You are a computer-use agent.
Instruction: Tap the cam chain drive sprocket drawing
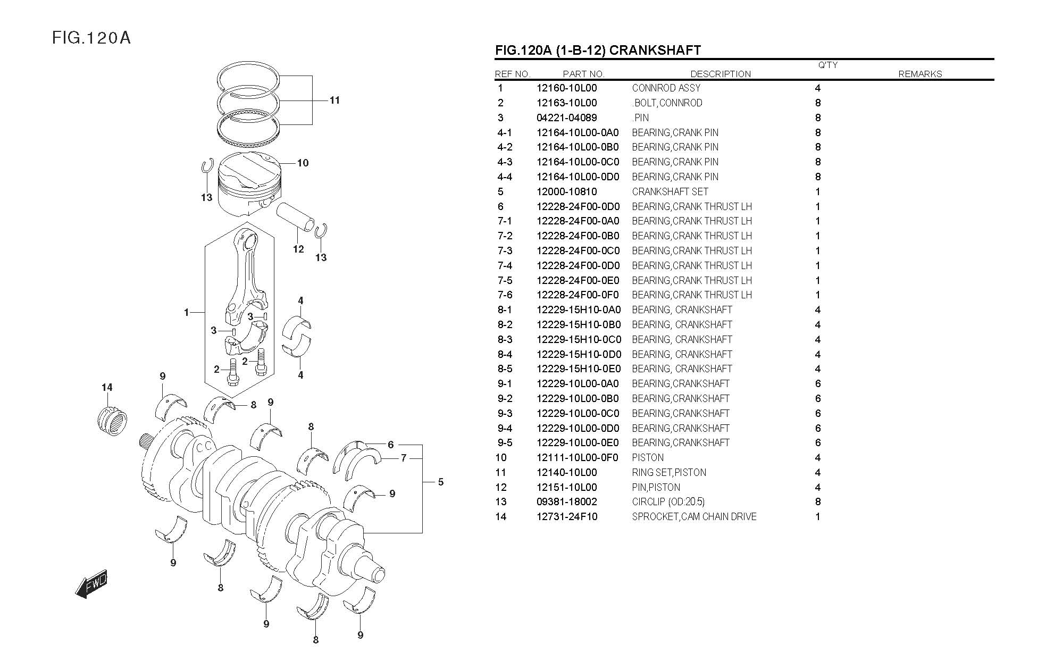(113, 421)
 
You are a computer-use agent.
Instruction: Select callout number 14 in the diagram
(107, 387)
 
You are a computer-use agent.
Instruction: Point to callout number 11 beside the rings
(334, 100)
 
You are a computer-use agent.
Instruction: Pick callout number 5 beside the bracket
(441, 482)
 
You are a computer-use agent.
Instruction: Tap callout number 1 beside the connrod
(186, 313)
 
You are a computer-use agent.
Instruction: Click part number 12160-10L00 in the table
(566, 88)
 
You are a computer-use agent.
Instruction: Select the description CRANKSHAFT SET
(670, 191)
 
